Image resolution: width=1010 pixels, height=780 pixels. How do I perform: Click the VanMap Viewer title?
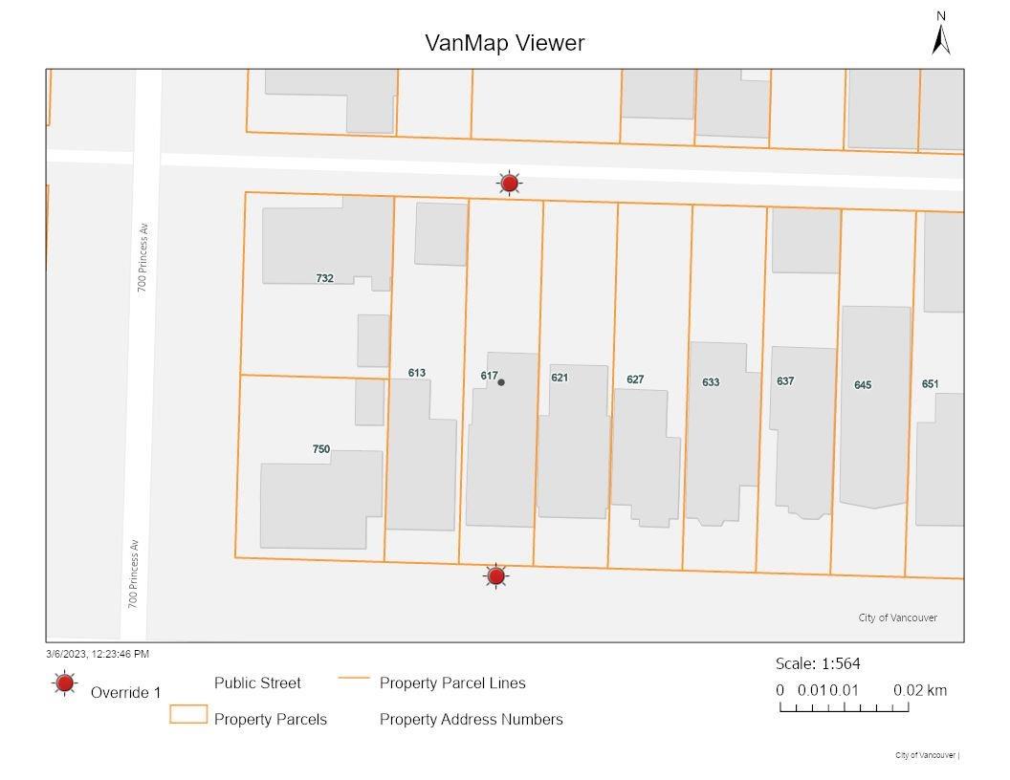[504, 43]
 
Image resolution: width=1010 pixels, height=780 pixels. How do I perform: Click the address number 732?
[324, 278]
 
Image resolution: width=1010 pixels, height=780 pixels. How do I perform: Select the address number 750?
[321, 449]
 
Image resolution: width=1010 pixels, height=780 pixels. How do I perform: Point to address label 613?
[416, 373]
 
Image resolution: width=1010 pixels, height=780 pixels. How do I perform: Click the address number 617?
[489, 376]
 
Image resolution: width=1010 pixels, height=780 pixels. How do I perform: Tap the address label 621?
[560, 378]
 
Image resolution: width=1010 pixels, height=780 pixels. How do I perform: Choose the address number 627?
[635, 379]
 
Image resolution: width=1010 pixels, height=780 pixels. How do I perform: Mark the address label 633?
[711, 382]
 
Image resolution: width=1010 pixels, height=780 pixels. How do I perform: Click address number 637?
[785, 381]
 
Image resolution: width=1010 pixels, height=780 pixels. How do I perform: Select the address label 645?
[863, 385]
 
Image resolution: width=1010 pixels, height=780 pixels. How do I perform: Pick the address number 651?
[930, 384]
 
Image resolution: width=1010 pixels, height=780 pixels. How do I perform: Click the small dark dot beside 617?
[501, 382]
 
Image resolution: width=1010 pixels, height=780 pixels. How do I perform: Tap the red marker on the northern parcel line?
[510, 183]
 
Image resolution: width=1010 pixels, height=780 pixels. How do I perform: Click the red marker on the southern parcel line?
[495, 575]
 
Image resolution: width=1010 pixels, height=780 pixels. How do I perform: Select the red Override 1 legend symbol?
[65, 683]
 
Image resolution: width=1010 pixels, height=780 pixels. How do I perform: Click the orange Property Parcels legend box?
[188, 714]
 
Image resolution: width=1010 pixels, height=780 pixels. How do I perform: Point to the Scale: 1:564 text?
[811, 663]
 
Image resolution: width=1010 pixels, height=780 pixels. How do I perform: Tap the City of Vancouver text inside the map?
[897, 617]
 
